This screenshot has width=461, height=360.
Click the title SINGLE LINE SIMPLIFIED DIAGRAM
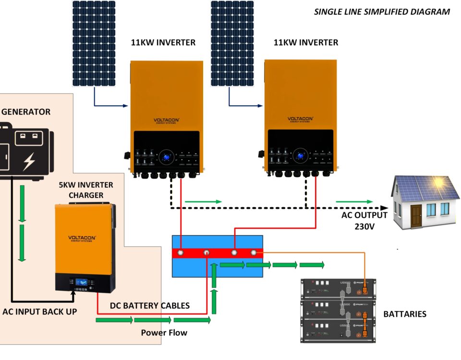tap(382, 12)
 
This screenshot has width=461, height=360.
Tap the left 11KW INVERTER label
tap(163, 42)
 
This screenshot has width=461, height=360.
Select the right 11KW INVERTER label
tap(306, 42)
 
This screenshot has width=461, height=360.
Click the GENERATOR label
tap(26, 112)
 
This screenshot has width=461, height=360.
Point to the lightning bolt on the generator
tap(29, 161)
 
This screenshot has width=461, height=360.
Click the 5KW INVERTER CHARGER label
tap(86, 190)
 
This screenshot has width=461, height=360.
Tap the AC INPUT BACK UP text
tap(40, 312)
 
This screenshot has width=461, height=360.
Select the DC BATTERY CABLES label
tap(150, 306)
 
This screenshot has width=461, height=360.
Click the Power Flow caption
tap(164, 333)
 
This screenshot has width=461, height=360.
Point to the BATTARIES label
tap(404, 314)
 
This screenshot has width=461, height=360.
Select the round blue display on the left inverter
tap(167, 156)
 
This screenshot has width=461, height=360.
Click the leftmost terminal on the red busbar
tap(181, 252)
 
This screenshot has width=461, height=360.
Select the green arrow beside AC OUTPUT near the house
tap(354, 202)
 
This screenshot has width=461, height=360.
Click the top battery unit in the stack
tap(338, 289)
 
